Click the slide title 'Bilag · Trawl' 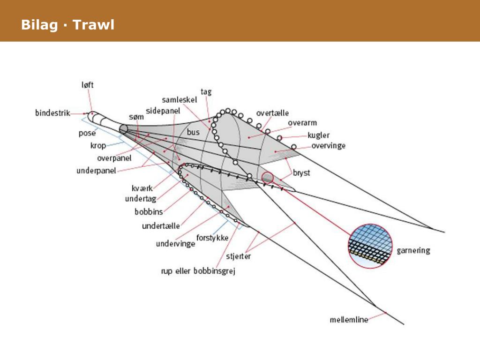click(x=67, y=25)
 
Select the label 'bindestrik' click(x=52, y=112)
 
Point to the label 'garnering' click(x=413, y=250)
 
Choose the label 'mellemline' click(x=349, y=320)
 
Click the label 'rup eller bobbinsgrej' click(x=198, y=271)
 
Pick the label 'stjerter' click(x=239, y=256)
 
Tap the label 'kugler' click(x=319, y=135)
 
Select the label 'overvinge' click(x=328, y=146)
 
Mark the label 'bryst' click(x=301, y=172)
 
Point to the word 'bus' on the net click(x=193, y=132)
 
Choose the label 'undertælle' click(x=161, y=226)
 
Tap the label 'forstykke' click(x=212, y=238)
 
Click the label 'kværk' click(x=142, y=189)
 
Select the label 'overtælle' click(x=272, y=113)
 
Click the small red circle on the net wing click(x=267, y=178)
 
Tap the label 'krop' click(x=98, y=145)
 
